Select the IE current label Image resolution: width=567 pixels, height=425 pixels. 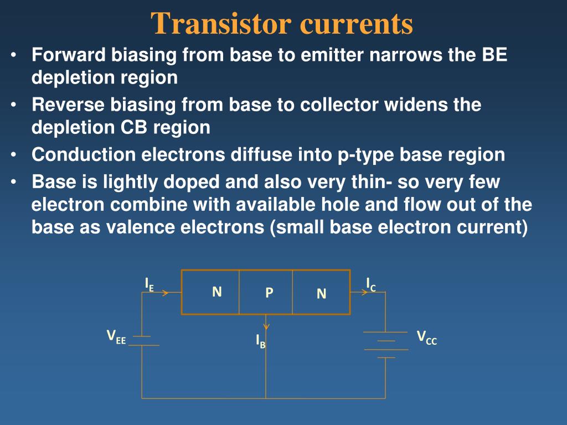tap(149, 284)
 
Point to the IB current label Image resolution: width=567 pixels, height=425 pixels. tap(260, 341)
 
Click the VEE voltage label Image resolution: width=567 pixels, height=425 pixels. tap(116, 336)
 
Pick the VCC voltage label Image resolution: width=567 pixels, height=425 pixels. tap(426, 337)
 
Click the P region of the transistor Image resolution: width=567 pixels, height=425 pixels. tap(269, 293)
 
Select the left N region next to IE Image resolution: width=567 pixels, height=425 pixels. tap(217, 292)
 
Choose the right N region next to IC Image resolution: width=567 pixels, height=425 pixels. tap(321, 294)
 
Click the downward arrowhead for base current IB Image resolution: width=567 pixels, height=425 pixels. tap(266, 326)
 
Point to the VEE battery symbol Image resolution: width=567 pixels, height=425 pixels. tap(142, 340)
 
